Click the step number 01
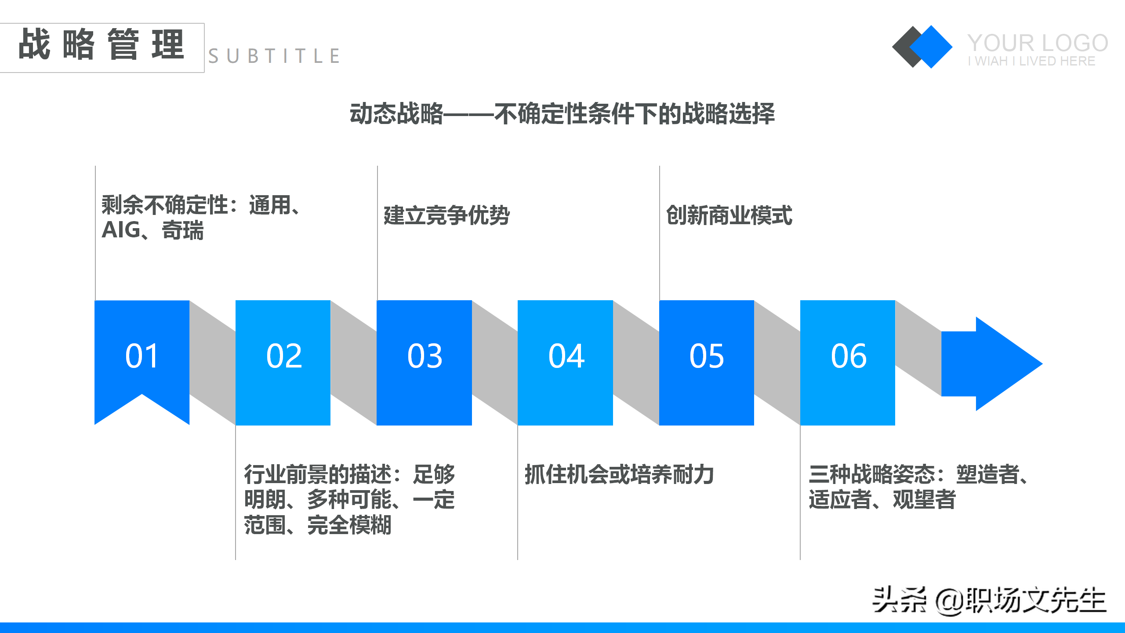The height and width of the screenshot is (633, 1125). (x=142, y=356)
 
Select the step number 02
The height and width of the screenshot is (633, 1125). (x=283, y=356)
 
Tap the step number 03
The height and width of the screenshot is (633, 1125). (x=425, y=356)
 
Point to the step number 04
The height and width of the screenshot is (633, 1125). (x=566, y=356)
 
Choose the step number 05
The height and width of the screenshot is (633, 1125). (x=707, y=356)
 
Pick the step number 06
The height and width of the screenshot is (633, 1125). (x=848, y=356)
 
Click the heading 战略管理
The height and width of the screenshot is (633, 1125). (x=101, y=45)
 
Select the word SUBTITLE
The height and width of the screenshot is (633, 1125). (x=273, y=56)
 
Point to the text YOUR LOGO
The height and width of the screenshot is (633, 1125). (x=1037, y=43)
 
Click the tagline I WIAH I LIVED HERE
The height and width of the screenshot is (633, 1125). (x=1031, y=61)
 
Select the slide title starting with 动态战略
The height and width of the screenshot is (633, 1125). (x=562, y=114)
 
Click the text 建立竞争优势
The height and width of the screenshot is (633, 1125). (x=446, y=215)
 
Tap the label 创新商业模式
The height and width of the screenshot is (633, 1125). (x=729, y=215)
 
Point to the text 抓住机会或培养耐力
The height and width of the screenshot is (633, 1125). (x=619, y=474)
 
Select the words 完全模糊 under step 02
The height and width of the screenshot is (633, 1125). (x=349, y=525)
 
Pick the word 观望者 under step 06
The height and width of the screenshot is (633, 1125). (x=924, y=499)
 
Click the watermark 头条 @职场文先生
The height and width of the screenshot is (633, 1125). (x=989, y=600)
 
